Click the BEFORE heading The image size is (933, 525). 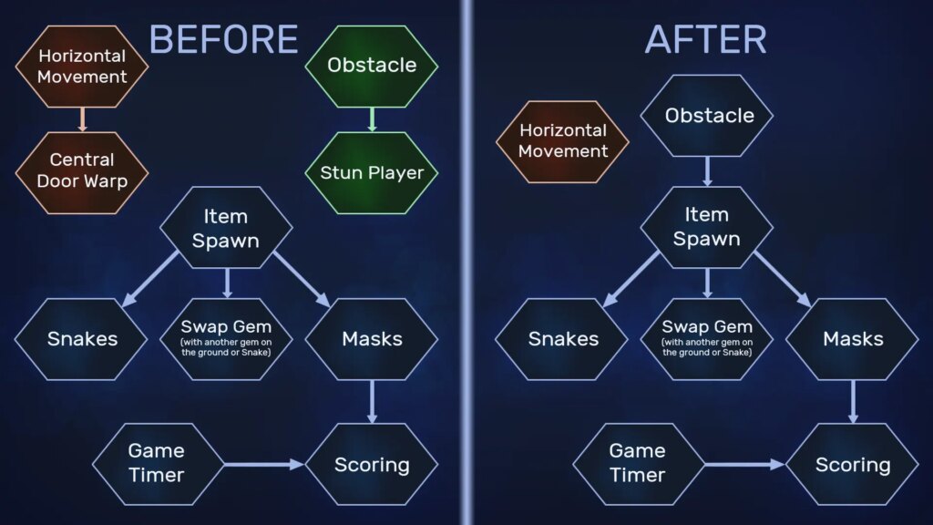[x=223, y=39]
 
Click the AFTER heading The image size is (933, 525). [x=706, y=39]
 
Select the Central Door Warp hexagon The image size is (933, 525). [x=82, y=172]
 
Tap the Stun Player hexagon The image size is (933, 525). [x=372, y=172]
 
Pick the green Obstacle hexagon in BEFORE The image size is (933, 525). [x=372, y=66]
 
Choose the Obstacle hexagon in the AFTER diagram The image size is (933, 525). [x=707, y=116]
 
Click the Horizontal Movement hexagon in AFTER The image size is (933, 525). [x=563, y=141]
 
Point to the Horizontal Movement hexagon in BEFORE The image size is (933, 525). [x=82, y=66]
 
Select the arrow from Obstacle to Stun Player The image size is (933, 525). [x=372, y=119]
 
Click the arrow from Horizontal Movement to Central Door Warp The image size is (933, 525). [x=82, y=119]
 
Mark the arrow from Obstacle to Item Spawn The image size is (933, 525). [x=707, y=171]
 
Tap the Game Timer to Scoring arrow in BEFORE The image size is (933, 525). [x=264, y=464]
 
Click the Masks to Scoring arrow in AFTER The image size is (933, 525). [x=853, y=402]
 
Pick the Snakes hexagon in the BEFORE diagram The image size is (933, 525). [x=81, y=339]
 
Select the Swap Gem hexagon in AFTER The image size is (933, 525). [x=707, y=339]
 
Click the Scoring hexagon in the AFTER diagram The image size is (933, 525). [x=853, y=464]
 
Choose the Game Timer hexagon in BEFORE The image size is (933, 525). [x=159, y=464]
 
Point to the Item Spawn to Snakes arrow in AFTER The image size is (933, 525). [x=631, y=279]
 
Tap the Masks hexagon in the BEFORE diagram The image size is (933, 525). [x=372, y=339]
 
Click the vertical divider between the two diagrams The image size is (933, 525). [x=467, y=262]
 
